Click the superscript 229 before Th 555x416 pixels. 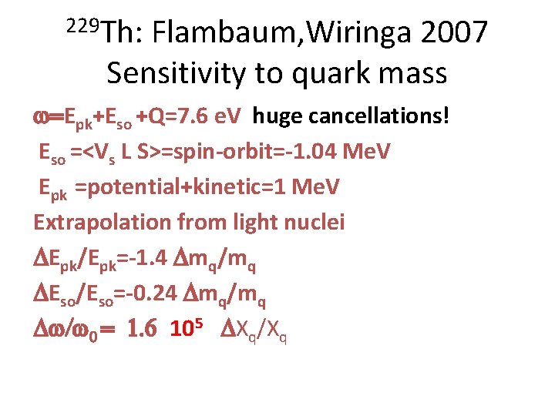click(80, 25)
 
